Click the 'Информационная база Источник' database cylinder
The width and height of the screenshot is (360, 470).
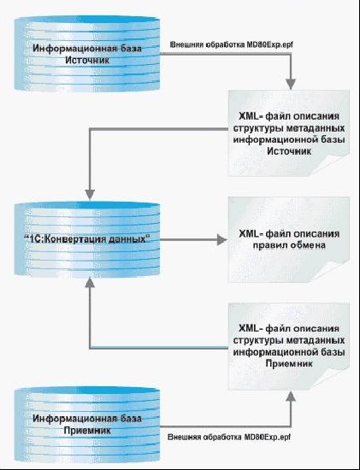pos(87,53)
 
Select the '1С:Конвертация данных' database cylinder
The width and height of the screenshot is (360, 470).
pos(87,238)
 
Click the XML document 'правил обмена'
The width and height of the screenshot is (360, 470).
pos(289,239)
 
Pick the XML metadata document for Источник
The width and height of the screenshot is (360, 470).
pos(289,133)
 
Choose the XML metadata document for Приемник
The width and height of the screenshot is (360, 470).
pos(289,346)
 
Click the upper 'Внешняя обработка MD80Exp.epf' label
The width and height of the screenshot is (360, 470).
pos(231,45)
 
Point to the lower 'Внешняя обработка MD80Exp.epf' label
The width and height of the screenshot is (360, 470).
pos(229,437)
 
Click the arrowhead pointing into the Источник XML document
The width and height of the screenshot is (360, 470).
pos(291,85)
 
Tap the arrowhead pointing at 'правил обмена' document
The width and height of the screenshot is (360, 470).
pos(222,240)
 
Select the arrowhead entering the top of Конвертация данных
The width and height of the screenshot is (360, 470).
pos(90,195)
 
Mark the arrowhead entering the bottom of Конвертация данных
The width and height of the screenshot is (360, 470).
pos(90,282)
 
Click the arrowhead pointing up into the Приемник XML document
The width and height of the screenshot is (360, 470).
pos(291,396)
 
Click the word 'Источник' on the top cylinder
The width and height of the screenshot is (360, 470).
pos(87,60)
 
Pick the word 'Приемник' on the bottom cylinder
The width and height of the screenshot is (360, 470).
pos(87,431)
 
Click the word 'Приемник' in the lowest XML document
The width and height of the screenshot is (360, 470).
pos(289,364)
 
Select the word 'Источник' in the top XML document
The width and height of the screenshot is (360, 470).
pos(289,151)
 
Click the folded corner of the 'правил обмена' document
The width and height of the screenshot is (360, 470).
pos(338,271)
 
